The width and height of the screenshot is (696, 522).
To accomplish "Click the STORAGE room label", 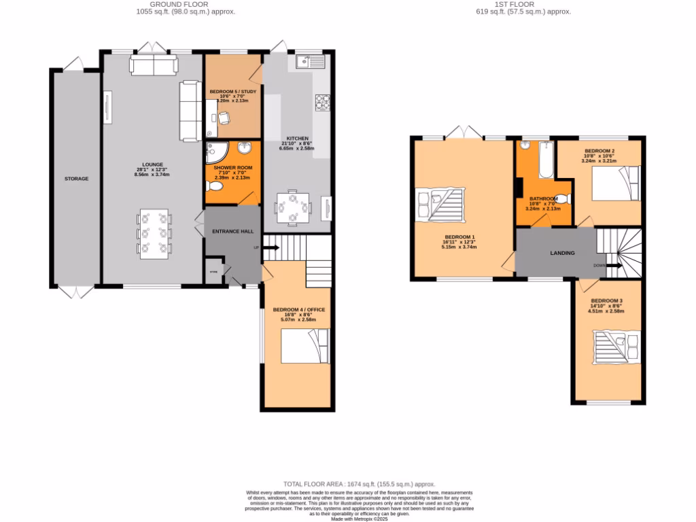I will (77, 179).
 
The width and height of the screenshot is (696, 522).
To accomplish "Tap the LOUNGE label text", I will (152, 165).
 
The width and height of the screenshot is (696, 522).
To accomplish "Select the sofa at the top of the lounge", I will (154, 66).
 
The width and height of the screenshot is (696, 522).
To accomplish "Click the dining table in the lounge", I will (154, 234).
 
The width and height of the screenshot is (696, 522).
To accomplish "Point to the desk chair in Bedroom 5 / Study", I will (224, 117).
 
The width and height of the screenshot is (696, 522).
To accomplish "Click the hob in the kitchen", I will (322, 102).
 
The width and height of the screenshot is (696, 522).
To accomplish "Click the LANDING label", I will (562, 253).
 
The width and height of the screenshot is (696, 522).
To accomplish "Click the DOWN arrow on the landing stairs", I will (610, 266).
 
